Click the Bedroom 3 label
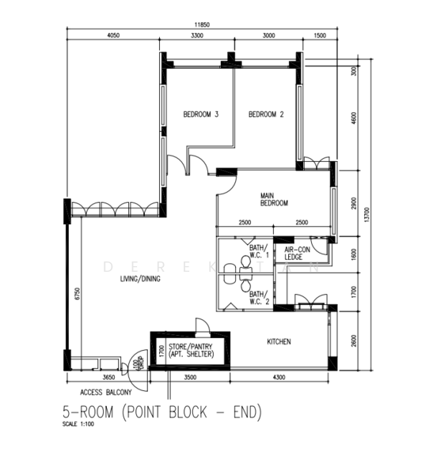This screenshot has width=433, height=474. click(200, 115)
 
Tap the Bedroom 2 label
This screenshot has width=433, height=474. click(266, 115)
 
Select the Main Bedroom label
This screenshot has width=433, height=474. click(275, 198)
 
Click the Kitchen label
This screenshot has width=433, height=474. click(279, 341)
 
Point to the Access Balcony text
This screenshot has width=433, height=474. click(105, 391)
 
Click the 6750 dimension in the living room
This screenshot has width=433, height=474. click(77, 294)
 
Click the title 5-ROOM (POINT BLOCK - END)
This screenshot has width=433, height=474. click(161, 412)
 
